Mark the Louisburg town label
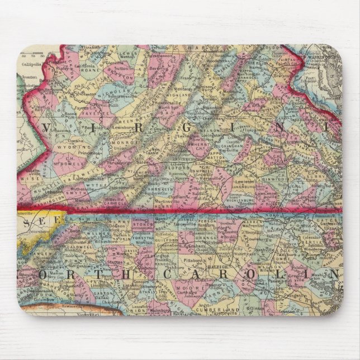pyautogui.click(x=259, y=245)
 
